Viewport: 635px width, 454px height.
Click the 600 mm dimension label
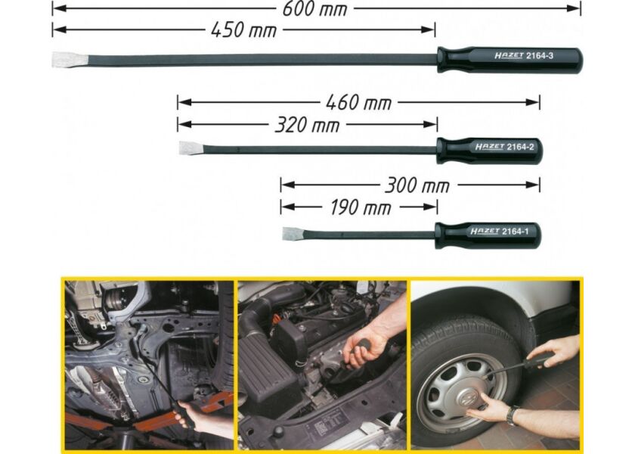[314, 9]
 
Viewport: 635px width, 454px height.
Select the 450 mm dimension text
[243, 30]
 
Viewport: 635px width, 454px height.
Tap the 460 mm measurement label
[358, 103]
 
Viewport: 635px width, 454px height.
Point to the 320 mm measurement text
[307, 125]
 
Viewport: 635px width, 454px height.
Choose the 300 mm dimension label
[417, 185]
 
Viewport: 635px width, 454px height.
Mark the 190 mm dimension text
[360, 207]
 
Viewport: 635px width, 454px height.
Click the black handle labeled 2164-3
[510, 60]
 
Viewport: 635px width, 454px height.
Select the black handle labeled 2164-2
[489, 151]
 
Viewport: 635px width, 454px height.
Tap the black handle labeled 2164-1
[488, 235]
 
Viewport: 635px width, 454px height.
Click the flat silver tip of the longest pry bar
[70, 60]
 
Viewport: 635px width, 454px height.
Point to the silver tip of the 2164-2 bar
[191, 148]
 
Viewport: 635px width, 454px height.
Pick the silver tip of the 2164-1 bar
[293, 234]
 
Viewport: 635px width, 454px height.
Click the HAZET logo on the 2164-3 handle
[509, 55]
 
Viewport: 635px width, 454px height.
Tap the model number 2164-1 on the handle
[515, 232]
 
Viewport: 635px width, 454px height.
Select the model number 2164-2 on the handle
[520, 147]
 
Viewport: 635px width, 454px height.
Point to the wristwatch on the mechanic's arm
[513, 415]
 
